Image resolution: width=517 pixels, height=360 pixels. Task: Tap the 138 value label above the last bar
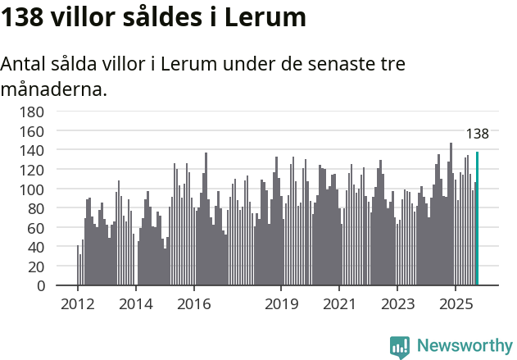[x=477, y=134]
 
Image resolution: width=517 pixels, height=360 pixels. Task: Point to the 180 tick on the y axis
[x=32, y=112]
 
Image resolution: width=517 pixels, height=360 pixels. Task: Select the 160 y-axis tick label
[x=32, y=131]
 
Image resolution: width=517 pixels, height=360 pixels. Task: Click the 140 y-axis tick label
[x=32, y=150]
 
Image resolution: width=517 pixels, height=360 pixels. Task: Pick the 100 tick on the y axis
[x=32, y=189]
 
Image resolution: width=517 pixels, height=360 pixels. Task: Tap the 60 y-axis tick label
[x=36, y=228]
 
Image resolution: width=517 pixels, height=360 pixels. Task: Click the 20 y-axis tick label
[x=36, y=267]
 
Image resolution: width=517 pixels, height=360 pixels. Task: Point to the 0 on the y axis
[x=40, y=286]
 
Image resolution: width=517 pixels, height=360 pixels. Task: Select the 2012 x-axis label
[x=78, y=305]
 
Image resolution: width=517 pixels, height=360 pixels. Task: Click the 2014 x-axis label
[x=136, y=305]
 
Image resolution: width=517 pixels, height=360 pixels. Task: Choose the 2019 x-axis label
[x=281, y=305]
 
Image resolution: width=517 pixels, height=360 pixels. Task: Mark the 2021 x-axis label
[x=339, y=305]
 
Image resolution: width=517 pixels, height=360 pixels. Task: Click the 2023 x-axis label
[x=397, y=305]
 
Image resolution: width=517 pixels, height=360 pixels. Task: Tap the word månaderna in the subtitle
[x=54, y=89]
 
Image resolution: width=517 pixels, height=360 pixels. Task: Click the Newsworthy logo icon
[x=400, y=346]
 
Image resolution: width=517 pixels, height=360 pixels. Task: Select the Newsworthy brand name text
[x=464, y=346]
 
